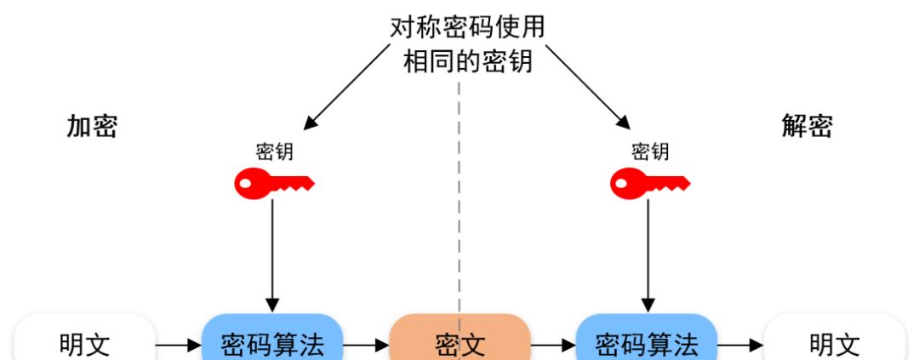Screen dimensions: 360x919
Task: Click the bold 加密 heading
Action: click(x=92, y=127)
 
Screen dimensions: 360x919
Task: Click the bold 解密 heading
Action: click(x=807, y=127)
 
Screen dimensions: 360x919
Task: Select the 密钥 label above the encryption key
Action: click(x=274, y=151)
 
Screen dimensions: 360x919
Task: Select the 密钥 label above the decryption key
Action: click(x=650, y=151)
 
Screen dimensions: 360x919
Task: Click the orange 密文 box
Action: click(x=459, y=343)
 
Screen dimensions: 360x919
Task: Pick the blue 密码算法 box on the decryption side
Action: click(x=647, y=343)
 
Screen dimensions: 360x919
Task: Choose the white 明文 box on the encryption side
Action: click(x=84, y=343)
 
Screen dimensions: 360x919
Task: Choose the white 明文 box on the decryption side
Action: click(x=834, y=343)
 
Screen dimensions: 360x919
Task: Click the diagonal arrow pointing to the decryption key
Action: click(x=586, y=86)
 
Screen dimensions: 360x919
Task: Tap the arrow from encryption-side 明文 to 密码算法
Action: click(x=178, y=346)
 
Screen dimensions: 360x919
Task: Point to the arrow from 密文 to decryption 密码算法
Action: click(x=553, y=346)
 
